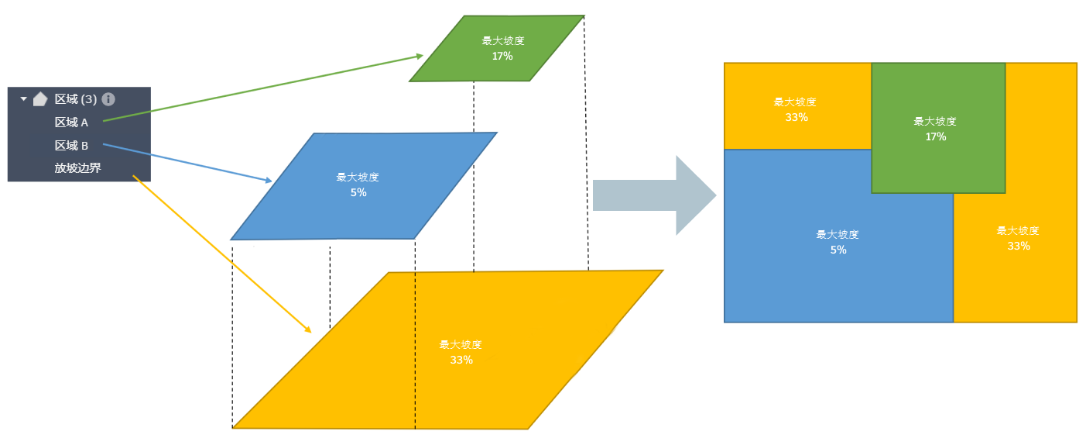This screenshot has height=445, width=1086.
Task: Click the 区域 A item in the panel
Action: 71,122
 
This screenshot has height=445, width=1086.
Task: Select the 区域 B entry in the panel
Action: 71,145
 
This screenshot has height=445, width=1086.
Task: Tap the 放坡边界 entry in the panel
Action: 77,167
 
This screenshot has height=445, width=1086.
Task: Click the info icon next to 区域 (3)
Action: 108,99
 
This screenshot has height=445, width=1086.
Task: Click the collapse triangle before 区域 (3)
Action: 23,99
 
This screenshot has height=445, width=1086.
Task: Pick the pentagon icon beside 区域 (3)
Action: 40,99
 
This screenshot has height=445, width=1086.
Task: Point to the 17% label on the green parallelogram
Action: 502,56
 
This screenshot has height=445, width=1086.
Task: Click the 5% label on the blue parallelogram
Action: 358,192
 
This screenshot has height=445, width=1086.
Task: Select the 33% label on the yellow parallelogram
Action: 461,360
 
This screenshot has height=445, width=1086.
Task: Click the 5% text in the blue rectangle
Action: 838,250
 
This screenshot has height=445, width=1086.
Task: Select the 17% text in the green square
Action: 935,136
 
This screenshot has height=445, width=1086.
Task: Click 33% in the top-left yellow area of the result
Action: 797,117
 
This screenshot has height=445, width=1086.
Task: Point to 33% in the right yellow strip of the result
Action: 1018,246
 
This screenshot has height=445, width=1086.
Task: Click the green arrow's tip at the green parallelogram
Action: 421,55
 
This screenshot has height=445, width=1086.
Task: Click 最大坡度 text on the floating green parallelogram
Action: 503,41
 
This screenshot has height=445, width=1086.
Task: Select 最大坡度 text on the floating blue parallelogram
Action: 358,178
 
